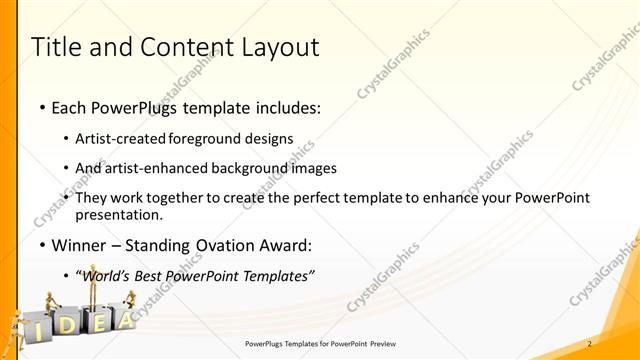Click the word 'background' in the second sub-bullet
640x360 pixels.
(264, 168)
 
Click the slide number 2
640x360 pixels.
(589, 344)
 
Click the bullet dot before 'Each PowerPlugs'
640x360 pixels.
(41, 106)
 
